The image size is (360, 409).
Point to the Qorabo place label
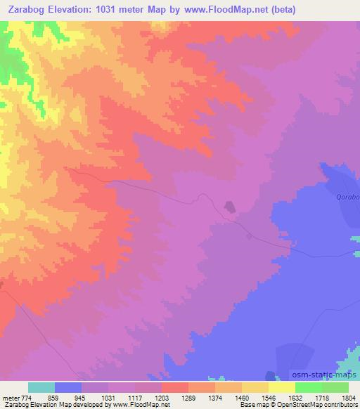[x=347, y=198]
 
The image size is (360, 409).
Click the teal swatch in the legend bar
[x=41, y=387]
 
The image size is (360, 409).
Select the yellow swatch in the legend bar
[x=281, y=387]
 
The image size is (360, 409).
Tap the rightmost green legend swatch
[x=335, y=387]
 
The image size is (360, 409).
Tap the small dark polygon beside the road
[x=229, y=207]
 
